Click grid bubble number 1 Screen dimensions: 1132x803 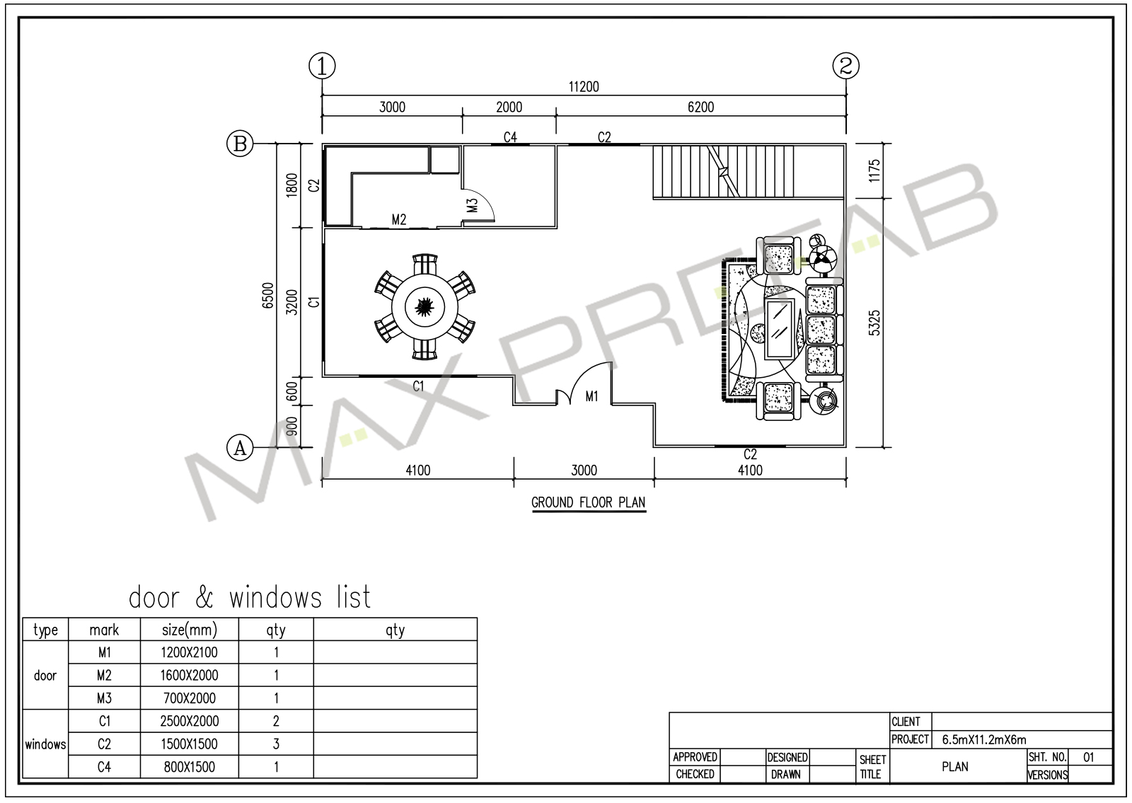[322, 66]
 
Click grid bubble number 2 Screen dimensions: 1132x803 [846, 66]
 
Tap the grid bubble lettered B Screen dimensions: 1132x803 [240, 144]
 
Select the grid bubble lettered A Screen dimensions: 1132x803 [240, 447]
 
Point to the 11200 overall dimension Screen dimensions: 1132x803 [584, 87]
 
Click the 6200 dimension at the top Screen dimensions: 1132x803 [701, 107]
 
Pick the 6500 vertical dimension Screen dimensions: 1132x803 [268, 296]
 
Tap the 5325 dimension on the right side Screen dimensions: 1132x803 [874, 323]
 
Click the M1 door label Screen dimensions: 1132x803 [591, 397]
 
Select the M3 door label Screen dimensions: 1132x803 [472, 205]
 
